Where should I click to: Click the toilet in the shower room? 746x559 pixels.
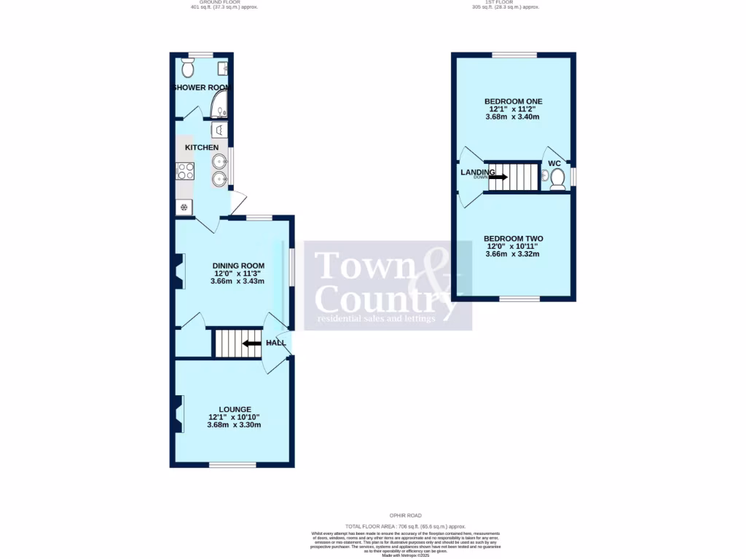(x=188, y=68)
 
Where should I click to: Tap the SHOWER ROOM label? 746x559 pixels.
(x=200, y=87)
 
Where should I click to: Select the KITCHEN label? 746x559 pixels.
(x=202, y=148)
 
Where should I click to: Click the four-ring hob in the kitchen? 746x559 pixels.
(x=185, y=171)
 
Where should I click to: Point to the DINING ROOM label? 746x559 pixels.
(x=238, y=266)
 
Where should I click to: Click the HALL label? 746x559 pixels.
(x=276, y=343)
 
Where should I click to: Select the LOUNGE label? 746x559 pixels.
(x=235, y=409)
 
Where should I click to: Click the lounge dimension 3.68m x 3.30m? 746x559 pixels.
(x=235, y=425)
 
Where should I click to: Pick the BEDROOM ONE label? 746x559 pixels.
(x=514, y=101)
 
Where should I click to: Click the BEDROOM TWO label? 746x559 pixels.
(x=514, y=239)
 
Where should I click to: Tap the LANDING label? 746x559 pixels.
(x=477, y=173)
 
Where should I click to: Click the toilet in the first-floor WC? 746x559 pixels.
(x=557, y=178)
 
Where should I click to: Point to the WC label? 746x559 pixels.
(x=555, y=164)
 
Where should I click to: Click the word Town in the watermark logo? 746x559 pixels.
(x=364, y=266)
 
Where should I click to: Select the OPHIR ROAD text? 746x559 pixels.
(x=406, y=515)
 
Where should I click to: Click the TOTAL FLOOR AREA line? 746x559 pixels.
(x=406, y=526)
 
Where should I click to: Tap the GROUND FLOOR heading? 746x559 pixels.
(x=224, y=2)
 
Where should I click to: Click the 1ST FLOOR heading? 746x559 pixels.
(x=502, y=2)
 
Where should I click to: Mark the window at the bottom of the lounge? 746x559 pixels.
(x=232, y=464)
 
